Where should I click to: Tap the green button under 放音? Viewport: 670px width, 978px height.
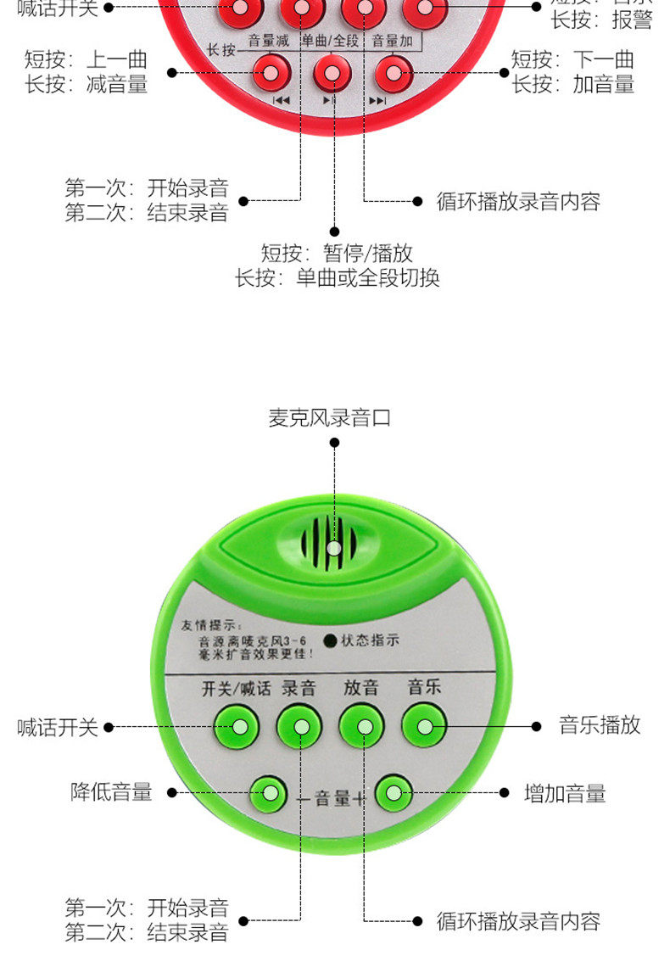[362, 726]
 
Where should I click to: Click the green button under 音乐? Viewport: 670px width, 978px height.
[424, 725]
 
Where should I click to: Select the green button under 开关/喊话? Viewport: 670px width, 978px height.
[237, 726]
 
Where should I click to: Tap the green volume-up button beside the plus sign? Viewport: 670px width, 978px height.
[394, 793]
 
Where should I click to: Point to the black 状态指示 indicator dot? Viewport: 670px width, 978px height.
[330, 640]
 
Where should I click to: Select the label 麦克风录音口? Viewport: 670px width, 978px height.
[330, 417]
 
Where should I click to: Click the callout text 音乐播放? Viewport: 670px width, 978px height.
[600, 725]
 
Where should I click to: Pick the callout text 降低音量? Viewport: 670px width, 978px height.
[111, 792]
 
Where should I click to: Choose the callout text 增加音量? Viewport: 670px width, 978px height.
[565, 794]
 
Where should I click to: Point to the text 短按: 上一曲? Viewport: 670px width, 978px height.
[86, 60]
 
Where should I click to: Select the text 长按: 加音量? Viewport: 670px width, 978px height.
[572, 84]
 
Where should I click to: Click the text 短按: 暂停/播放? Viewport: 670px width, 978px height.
[337, 253]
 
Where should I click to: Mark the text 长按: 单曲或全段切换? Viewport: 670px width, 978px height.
[337, 277]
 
